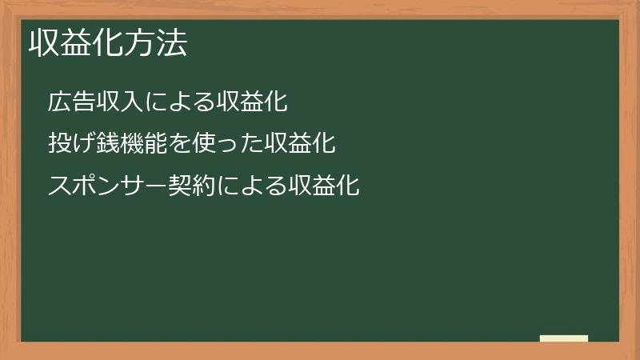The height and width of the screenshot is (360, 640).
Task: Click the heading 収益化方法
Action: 108,44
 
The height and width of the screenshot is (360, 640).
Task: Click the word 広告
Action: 70,102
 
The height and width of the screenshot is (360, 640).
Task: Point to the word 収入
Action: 118,102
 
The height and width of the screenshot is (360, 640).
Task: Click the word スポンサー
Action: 106,187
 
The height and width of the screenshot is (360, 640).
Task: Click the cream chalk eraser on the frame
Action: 564,339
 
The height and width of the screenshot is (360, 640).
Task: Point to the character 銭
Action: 106,145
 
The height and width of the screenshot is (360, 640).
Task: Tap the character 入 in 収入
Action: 130,102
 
